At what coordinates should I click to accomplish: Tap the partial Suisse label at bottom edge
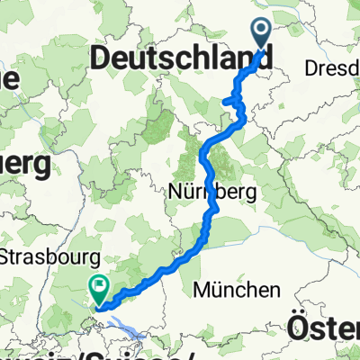(135, 353)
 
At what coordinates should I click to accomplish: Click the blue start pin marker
(262, 32)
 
